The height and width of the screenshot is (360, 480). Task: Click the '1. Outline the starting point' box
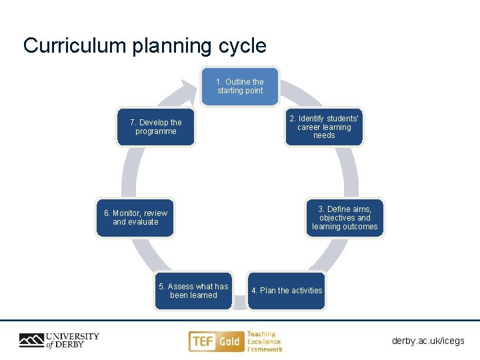(x=240, y=86)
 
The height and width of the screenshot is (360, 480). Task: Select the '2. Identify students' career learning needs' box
(x=324, y=127)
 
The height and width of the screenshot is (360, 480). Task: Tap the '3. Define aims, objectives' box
(x=345, y=218)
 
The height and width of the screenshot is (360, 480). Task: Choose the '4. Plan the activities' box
(x=287, y=291)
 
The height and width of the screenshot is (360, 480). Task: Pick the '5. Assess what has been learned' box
(x=193, y=291)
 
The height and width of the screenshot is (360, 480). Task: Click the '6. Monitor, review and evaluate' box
(x=135, y=218)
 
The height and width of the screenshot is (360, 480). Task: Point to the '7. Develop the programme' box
(x=156, y=127)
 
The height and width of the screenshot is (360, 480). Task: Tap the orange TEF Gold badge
(x=215, y=341)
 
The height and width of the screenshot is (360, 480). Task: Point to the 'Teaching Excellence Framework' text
(x=264, y=341)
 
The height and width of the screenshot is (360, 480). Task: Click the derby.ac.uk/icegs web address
(x=428, y=341)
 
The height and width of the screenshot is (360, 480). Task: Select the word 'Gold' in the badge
(x=229, y=341)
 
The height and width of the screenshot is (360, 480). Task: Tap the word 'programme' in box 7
(x=156, y=131)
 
